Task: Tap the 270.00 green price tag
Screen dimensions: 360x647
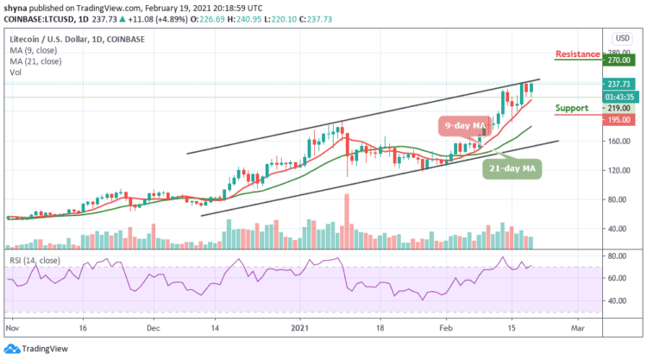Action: click(x=619, y=62)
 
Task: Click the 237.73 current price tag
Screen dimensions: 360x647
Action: click(x=619, y=85)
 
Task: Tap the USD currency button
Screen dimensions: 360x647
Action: click(x=620, y=38)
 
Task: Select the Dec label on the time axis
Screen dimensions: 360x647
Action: click(x=153, y=328)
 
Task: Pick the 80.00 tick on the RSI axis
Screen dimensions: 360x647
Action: click(x=616, y=256)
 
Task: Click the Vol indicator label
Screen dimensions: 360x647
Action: click(x=15, y=73)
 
